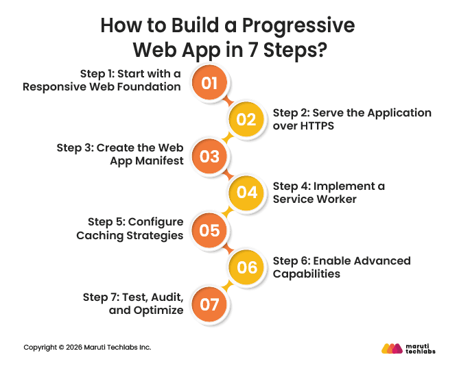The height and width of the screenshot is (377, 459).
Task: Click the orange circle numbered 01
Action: [209, 84]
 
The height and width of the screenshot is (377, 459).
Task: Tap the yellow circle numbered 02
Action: [246, 120]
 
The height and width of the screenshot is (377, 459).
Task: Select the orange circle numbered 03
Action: [209, 156]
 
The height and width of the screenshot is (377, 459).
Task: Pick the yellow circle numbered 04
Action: [246, 193]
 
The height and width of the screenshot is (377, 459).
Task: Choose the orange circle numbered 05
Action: [209, 230]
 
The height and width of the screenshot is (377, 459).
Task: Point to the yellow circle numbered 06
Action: [246, 267]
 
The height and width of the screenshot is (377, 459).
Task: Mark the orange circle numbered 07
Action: [209, 303]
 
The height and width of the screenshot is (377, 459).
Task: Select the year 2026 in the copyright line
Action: [75, 348]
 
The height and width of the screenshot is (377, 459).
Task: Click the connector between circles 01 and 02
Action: [228, 101]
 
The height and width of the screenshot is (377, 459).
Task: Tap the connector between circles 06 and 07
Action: [228, 285]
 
